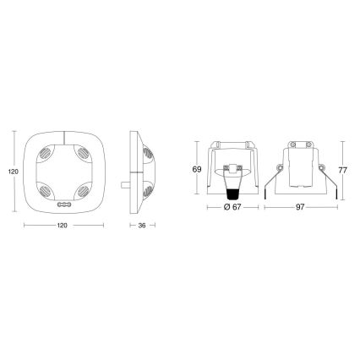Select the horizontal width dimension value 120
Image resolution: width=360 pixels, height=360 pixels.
[x=63, y=226]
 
